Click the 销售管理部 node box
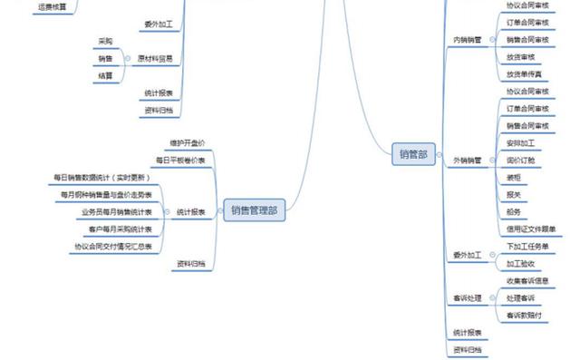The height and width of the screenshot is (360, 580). pos(254,211)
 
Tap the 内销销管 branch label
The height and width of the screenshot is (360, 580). pos(468,40)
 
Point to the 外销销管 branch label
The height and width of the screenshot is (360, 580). pos(468,161)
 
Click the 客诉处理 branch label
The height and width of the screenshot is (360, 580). pos(468,297)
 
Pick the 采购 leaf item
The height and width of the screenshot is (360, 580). pos(104,42)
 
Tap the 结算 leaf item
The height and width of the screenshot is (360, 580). pos(104,75)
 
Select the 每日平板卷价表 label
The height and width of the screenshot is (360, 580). pos(181,160)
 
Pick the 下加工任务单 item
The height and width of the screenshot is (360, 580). pos(526,247)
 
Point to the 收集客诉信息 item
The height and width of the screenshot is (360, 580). pos(528,280)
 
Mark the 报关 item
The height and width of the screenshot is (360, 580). pos(514,194)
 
